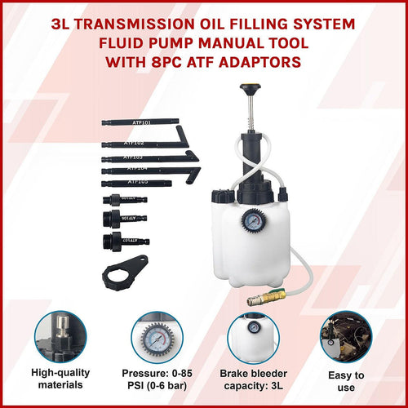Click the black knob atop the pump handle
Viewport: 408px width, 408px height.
click(x=248, y=87)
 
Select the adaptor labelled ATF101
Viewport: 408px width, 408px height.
click(x=139, y=122)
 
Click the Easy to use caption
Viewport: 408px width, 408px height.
click(x=346, y=382)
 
